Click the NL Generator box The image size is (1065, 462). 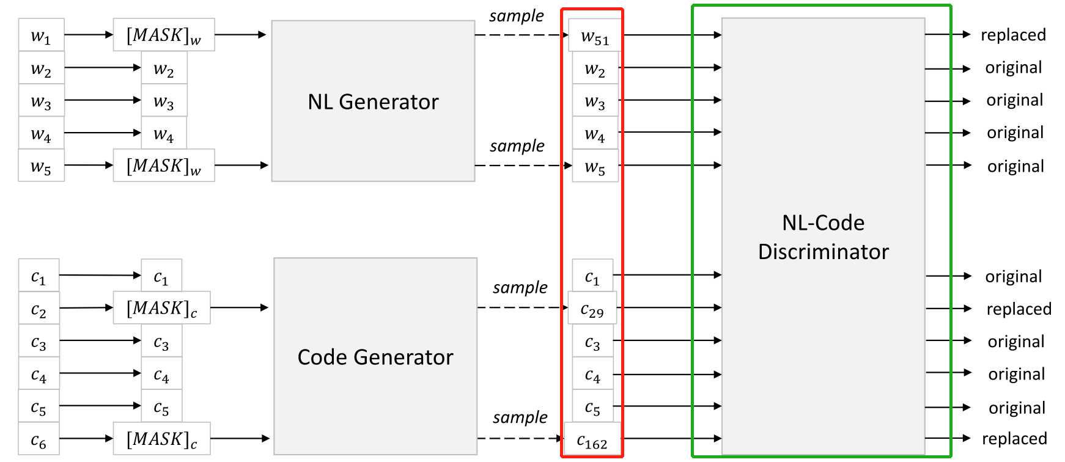pyautogui.click(x=373, y=101)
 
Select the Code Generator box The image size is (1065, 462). pyautogui.click(x=375, y=356)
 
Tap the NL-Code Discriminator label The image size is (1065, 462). pyautogui.click(x=823, y=237)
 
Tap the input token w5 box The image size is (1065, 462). pyautogui.click(x=41, y=166)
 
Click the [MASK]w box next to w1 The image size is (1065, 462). pyautogui.click(x=164, y=35)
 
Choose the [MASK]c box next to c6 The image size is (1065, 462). pyautogui.click(x=162, y=439)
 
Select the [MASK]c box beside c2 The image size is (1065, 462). pyautogui.click(x=162, y=308)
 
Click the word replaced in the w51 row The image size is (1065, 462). pyautogui.click(x=1013, y=35)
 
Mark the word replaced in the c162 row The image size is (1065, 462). pyautogui.click(x=1014, y=439)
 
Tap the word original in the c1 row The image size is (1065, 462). pyautogui.click(x=1013, y=277)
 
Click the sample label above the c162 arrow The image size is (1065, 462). pyautogui.click(x=520, y=417)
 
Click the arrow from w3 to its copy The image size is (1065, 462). pyautogui.click(x=103, y=100)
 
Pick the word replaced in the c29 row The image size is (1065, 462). pyautogui.click(x=1019, y=309)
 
